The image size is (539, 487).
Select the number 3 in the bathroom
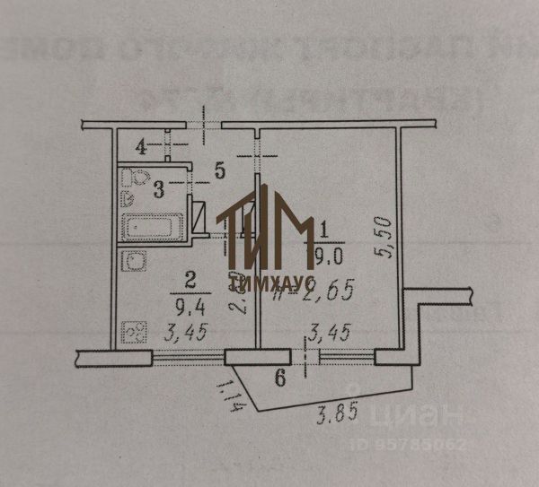(158, 188)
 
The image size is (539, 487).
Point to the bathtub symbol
(153, 228)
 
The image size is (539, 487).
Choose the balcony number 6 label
(279, 378)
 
